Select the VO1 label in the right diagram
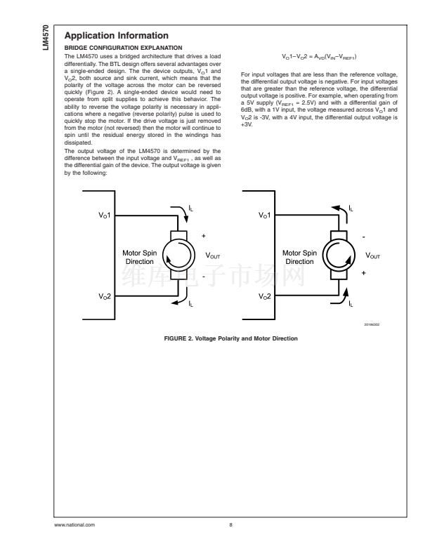point(263,215)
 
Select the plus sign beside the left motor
point(203,237)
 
